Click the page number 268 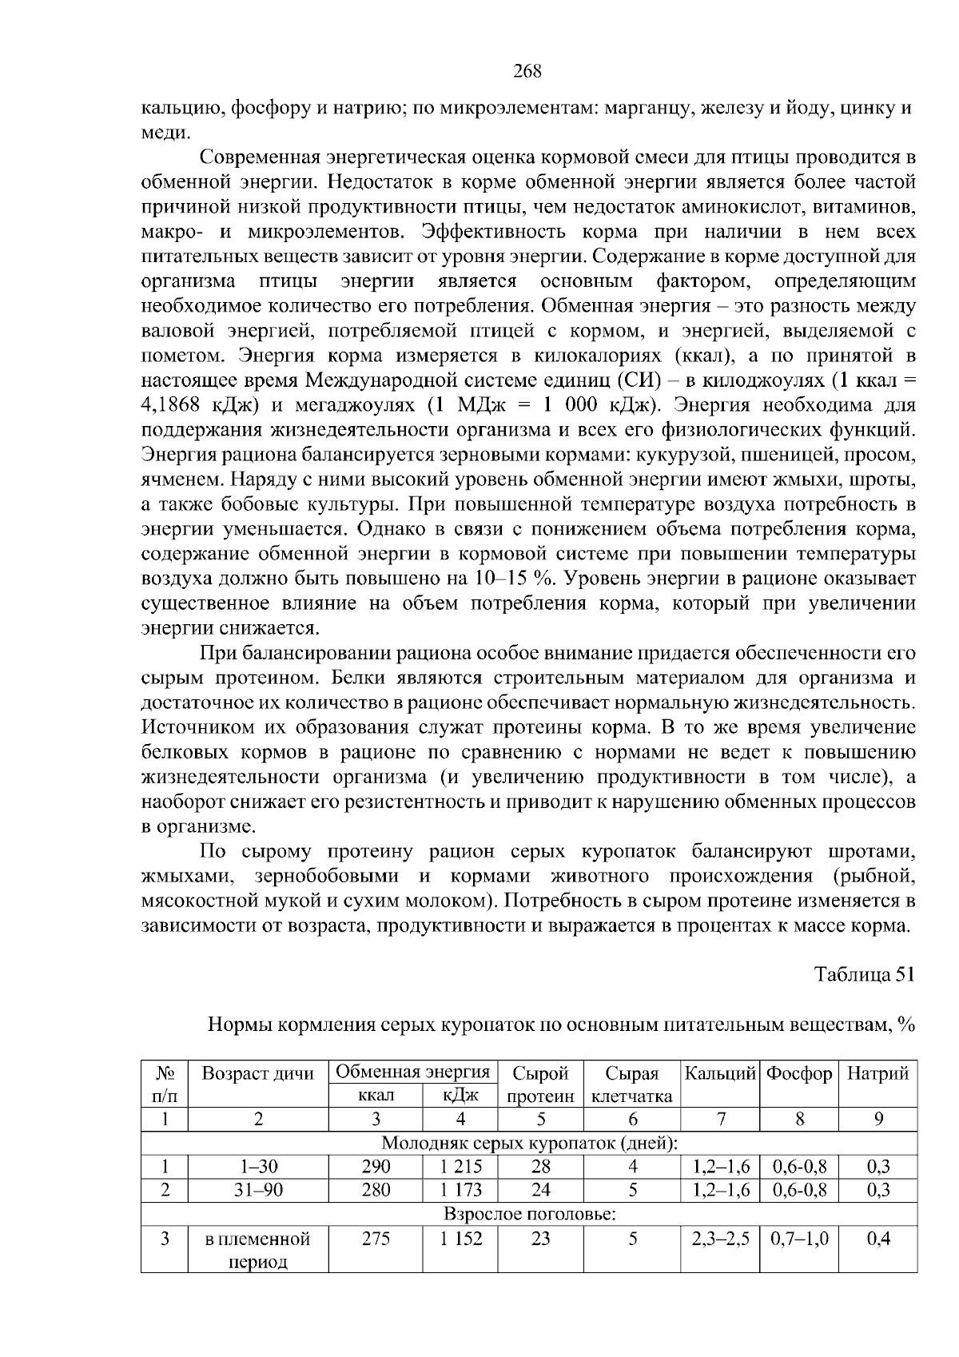click(x=527, y=71)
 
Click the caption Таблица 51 click(x=863, y=974)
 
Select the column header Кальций click(x=719, y=1073)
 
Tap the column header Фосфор click(x=798, y=1073)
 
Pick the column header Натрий click(x=877, y=1073)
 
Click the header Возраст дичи click(x=258, y=1073)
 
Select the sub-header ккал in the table click(x=376, y=1096)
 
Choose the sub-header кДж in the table click(x=460, y=1096)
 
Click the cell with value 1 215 click(x=460, y=1166)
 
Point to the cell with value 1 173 click(x=460, y=1190)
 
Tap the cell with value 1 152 click(x=460, y=1239)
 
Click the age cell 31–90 click(x=258, y=1190)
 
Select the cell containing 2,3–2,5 click(x=720, y=1239)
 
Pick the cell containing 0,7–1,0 click(x=799, y=1239)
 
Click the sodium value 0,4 click(x=877, y=1239)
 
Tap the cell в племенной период click(x=258, y=1251)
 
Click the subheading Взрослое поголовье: click(x=529, y=1215)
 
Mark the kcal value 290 click(x=376, y=1166)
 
